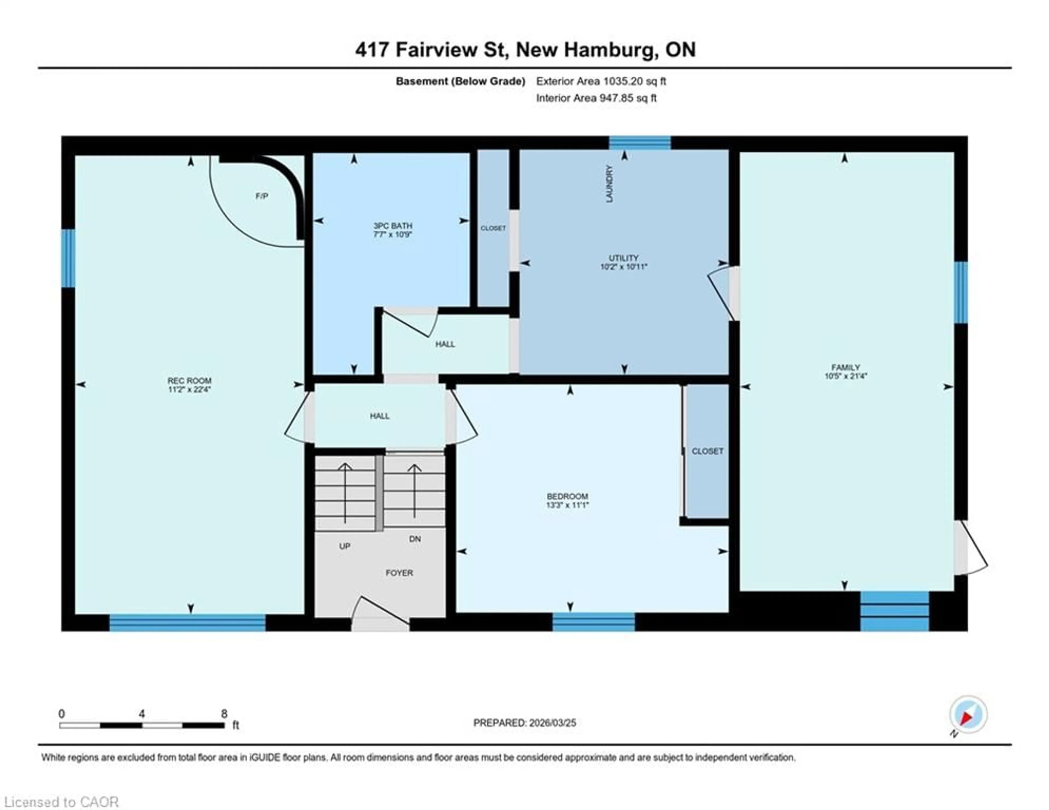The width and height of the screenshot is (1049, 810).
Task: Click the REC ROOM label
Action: tap(189, 380)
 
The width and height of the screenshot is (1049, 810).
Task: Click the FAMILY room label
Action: tap(845, 367)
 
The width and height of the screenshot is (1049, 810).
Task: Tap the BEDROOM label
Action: tap(567, 496)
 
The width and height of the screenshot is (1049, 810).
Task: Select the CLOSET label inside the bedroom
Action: tap(707, 451)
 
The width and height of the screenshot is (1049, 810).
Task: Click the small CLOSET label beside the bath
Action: tap(493, 228)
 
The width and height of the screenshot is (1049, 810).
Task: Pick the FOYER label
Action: tap(399, 573)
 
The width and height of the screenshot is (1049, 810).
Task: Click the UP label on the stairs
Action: tap(344, 546)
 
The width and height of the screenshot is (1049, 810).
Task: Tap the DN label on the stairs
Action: tap(415, 539)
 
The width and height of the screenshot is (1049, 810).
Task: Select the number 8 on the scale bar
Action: tap(224, 714)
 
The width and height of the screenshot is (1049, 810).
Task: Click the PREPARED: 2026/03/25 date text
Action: tap(524, 723)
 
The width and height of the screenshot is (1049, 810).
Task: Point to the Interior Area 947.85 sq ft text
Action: tap(596, 98)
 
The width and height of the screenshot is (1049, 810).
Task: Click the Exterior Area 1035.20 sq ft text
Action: tap(601, 81)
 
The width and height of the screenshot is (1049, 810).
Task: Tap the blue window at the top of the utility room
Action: tap(640, 143)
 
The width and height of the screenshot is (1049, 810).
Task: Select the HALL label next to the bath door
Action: tap(445, 344)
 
